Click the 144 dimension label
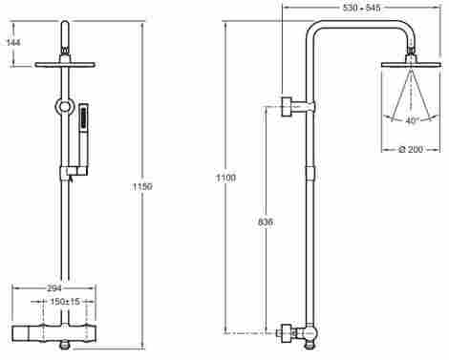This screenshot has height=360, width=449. point(13,42)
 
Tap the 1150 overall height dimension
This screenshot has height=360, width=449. point(142,186)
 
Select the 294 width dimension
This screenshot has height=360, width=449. point(53,288)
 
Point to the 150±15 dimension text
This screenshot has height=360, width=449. point(65,302)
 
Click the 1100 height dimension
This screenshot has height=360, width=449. point(226,178)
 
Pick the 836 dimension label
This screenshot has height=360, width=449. point(265,222)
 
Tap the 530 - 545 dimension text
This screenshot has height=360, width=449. point(361,8)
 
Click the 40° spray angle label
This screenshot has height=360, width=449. point(412,121)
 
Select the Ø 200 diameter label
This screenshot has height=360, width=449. point(411,149)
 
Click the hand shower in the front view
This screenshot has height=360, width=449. point(83,135)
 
